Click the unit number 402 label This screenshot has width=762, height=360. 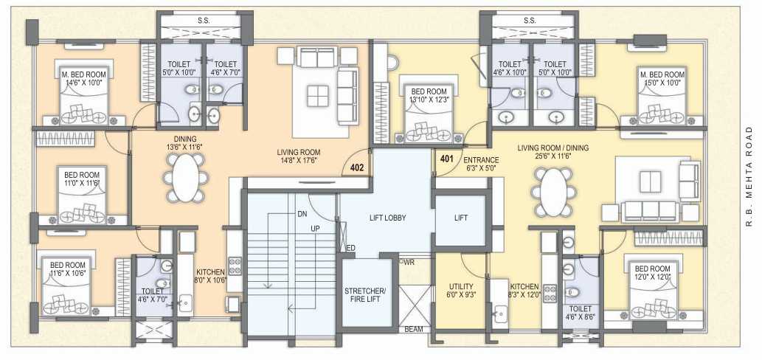pyautogui.click(x=357, y=167)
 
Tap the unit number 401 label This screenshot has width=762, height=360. pyautogui.click(x=446, y=159)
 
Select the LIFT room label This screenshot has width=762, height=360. pyautogui.click(x=460, y=218)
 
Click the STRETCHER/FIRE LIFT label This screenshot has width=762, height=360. pyautogui.click(x=365, y=295)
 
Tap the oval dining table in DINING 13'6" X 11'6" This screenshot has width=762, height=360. pyautogui.click(x=185, y=179)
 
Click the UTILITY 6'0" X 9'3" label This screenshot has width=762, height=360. pyautogui.click(x=461, y=291)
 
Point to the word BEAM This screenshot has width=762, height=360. pyautogui.click(x=413, y=330)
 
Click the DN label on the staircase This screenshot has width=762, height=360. pyautogui.click(x=302, y=214)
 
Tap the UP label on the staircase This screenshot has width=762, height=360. pyautogui.click(x=314, y=229)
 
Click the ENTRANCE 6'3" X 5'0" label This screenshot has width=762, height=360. pyautogui.click(x=481, y=164)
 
